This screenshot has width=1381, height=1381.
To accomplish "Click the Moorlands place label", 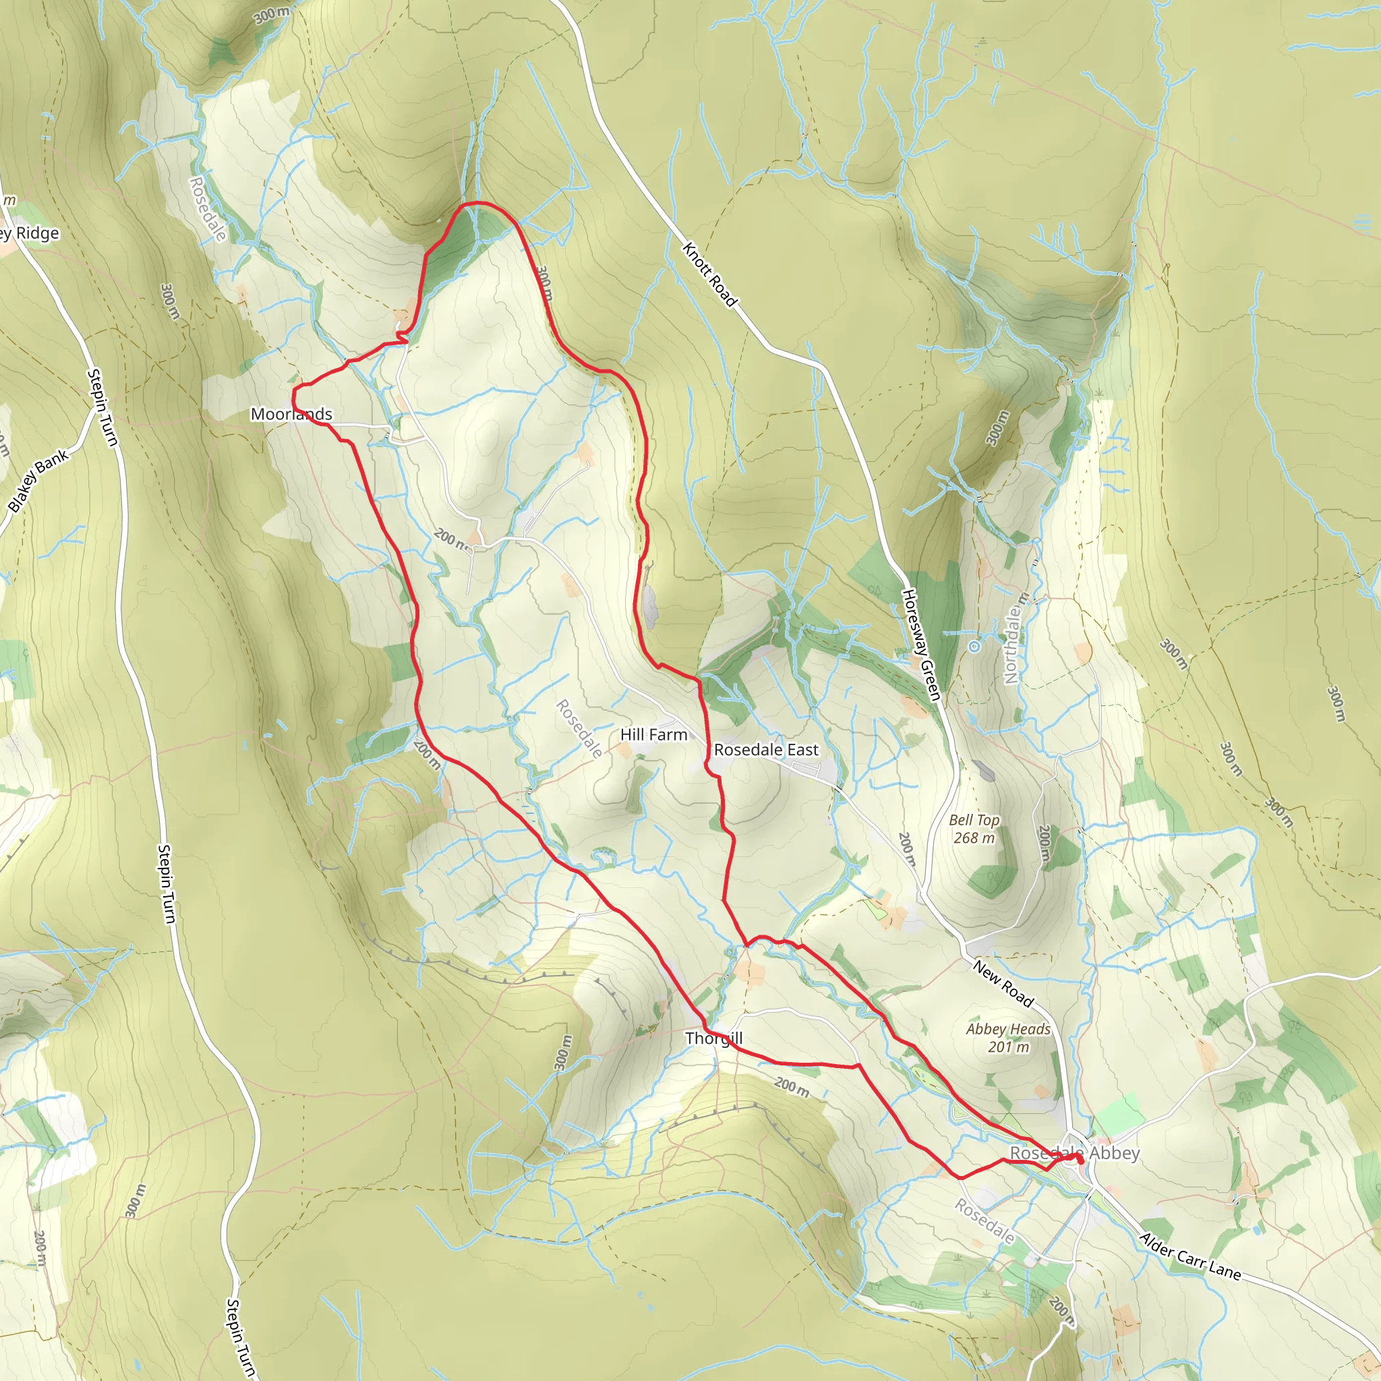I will [x=291, y=414].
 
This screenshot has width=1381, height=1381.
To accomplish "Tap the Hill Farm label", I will [x=653, y=734].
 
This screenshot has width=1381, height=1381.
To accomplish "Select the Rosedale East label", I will [x=765, y=750].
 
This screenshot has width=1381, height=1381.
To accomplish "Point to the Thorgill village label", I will [x=713, y=1038].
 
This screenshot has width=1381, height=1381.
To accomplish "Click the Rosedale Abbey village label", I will [x=1074, y=1153].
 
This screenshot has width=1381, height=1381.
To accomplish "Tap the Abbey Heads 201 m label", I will [x=1008, y=1037].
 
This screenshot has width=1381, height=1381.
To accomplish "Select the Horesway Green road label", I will [x=920, y=644].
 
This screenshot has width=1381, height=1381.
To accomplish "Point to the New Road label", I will [x=1003, y=985].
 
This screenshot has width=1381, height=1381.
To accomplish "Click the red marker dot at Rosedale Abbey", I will [x=1080, y=1161].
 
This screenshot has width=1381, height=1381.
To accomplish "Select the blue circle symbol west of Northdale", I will [x=974, y=646].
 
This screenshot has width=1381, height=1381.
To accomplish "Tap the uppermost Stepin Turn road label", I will [x=102, y=407].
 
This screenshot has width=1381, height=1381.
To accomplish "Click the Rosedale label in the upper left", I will [x=207, y=210].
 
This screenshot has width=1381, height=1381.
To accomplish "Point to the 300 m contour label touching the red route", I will [x=544, y=283].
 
